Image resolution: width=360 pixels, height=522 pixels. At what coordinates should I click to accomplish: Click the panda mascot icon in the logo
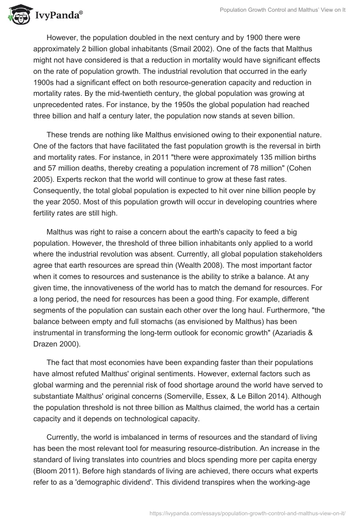click(18, 15)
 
